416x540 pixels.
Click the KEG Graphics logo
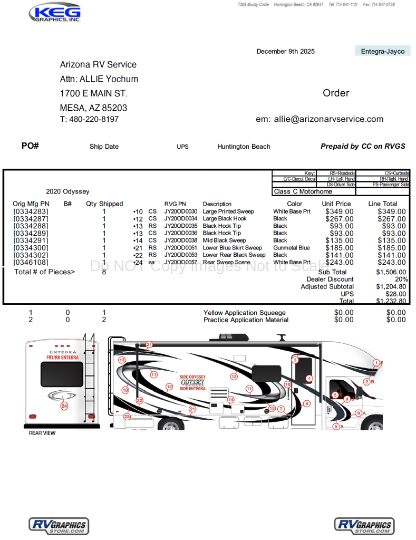pos(54,13)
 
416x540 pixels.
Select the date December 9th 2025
pos(285,51)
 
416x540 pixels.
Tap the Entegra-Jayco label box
pos(383,51)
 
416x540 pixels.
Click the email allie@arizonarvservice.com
pos(328,119)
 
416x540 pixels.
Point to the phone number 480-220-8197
pos(94,119)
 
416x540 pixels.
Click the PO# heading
pos(30,146)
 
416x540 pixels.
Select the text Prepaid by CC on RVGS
pos(363,146)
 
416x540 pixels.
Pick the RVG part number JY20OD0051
pos(180,247)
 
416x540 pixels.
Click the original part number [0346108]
pos(31,262)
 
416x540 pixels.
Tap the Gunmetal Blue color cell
pos(291,247)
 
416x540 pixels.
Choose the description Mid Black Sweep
pos(224,240)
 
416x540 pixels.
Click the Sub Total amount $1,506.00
pos(391,272)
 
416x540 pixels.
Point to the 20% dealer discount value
pos(401,279)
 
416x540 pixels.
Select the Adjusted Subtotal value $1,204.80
pos(391,287)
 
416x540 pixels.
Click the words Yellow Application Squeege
pos(244,313)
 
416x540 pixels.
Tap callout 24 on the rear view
pos(64,406)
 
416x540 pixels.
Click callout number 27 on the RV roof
pos(149,344)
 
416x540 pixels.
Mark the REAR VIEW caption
pos(42,433)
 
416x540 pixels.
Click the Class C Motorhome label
pos(303,192)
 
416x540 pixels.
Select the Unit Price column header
pos(336,204)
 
